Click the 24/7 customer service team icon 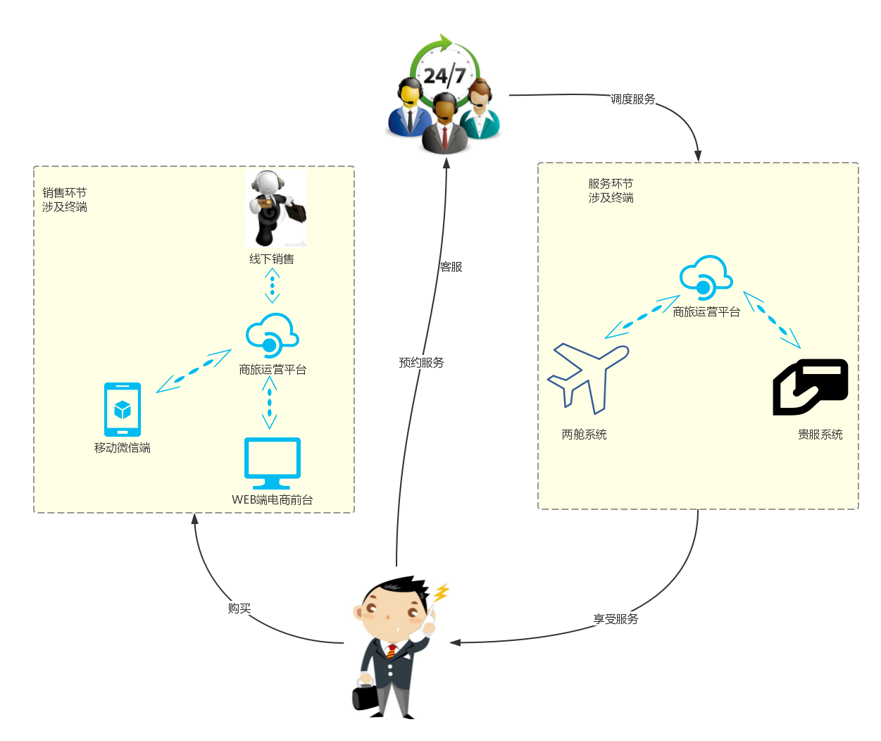[446, 95]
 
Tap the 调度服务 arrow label [632, 99]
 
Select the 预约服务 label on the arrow [421, 363]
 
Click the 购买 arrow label [239, 609]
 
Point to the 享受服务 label [616, 619]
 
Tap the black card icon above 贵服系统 [811, 387]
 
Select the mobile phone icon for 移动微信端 [123, 409]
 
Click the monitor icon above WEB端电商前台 [272, 463]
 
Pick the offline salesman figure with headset [275, 207]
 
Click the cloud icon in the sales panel [272, 335]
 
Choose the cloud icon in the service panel [706, 278]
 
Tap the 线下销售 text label [272, 259]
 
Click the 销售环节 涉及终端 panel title [65, 200]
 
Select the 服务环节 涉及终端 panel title [611, 191]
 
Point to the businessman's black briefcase [365, 697]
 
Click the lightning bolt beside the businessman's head [441, 593]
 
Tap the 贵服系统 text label [820, 435]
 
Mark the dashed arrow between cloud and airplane [642, 317]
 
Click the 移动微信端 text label [123, 448]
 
